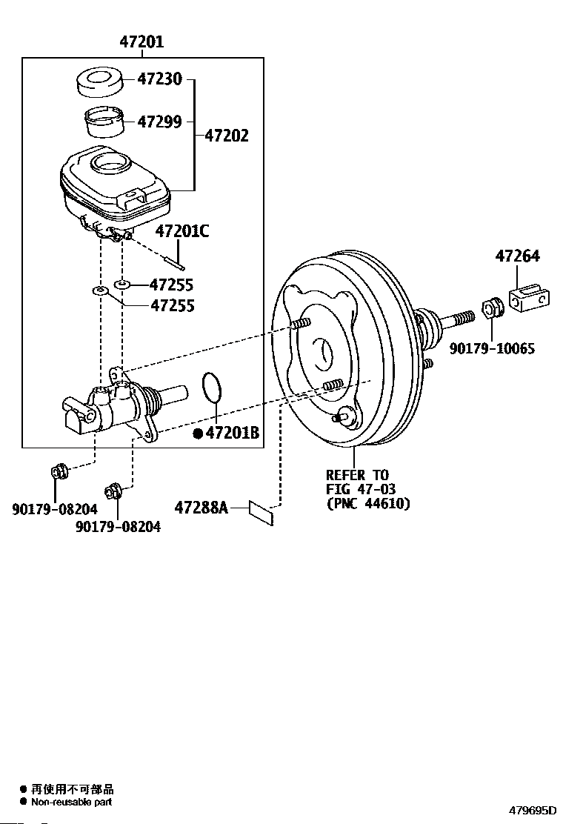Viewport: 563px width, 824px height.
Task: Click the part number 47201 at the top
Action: pos(141,41)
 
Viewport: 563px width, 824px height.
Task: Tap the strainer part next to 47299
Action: pos(104,122)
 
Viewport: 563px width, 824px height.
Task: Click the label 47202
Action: pos(227,136)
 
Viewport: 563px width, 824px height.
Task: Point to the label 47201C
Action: pos(181,230)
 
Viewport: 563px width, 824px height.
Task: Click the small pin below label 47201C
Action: pos(173,262)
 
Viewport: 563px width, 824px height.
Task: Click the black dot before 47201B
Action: pos(198,433)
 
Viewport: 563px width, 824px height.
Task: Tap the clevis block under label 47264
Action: pos(530,299)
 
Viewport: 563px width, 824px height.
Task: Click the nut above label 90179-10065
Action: pos(492,308)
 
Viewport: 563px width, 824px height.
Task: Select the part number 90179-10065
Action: pos(492,348)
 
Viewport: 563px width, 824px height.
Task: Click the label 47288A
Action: pos(201,508)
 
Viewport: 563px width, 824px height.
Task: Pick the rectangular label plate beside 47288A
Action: pos(261,513)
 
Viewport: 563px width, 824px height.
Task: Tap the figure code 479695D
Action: pos(532,810)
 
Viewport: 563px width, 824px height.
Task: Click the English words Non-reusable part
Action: pos(71,802)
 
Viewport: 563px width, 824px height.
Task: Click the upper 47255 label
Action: pos(171,285)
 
